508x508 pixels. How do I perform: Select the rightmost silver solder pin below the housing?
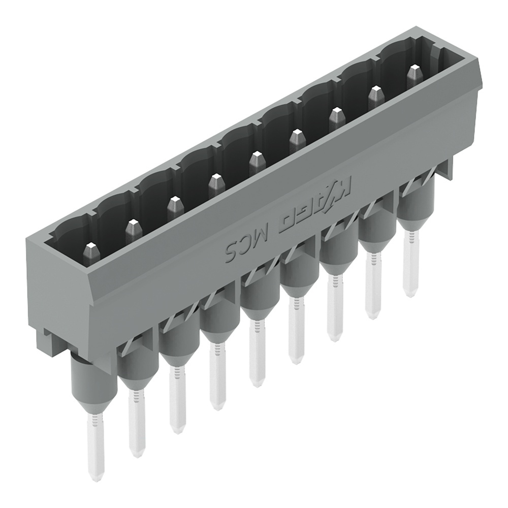point(410,269)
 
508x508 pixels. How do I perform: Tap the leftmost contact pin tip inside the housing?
point(91,250)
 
